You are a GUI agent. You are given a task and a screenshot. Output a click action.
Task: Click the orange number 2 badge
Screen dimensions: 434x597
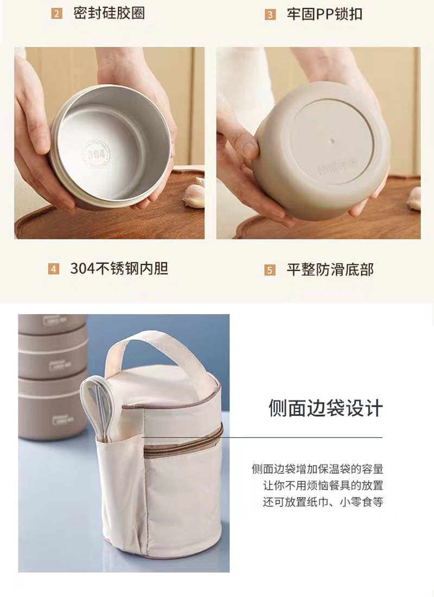[x=57, y=14]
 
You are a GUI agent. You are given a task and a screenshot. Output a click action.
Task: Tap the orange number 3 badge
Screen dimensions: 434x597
[x=270, y=15]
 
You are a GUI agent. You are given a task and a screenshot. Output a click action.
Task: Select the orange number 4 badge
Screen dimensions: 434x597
[x=53, y=269]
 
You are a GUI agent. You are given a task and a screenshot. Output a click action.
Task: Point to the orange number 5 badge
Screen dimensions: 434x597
[x=270, y=270]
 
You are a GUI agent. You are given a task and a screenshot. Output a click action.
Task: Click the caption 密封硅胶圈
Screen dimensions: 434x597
[x=109, y=14]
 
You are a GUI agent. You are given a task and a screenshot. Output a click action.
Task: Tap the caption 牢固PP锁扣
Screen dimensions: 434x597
[x=324, y=15]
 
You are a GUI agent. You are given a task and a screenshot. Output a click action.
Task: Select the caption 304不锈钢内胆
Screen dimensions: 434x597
[x=119, y=269]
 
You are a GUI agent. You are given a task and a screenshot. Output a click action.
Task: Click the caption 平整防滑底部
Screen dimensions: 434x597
[x=330, y=270]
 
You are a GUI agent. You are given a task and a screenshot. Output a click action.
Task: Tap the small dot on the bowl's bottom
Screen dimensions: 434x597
[x=331, y=141]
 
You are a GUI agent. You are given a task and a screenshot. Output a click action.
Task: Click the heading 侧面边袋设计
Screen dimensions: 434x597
[x=325, y=408]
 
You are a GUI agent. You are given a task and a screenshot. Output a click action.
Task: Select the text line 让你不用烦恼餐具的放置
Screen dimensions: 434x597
[x=323, y=485]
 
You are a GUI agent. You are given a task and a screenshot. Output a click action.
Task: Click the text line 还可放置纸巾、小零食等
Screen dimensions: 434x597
[x=323, y=502]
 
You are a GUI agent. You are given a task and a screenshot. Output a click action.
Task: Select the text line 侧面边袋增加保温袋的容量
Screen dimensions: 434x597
[x=317, y=469]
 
